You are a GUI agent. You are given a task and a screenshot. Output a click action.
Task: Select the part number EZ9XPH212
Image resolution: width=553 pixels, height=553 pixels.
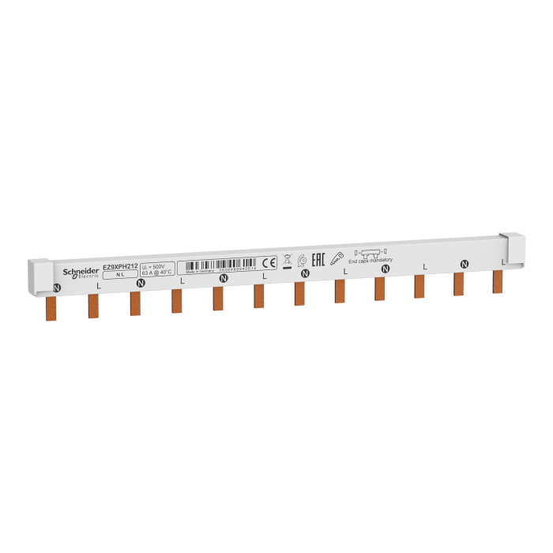coord(120,268)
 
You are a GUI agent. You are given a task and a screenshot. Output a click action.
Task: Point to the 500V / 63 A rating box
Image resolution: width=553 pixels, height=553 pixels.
coord(156,271)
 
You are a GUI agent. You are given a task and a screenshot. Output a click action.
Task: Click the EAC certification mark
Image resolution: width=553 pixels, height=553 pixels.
coord(319,258)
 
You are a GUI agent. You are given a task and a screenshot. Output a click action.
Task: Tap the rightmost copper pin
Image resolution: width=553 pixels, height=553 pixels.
coord(498,281)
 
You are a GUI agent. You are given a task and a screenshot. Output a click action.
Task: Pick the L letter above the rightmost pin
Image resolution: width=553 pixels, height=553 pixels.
coord(503,261)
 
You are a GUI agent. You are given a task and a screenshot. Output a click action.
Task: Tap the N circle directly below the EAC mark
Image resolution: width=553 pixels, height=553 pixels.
coord(305,273)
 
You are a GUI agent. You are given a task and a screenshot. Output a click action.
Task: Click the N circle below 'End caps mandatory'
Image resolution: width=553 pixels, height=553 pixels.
coord(386,269)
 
